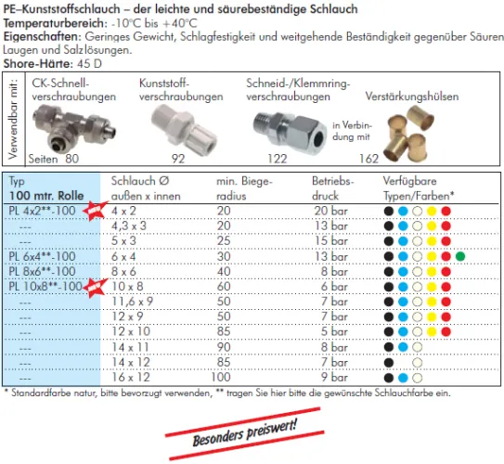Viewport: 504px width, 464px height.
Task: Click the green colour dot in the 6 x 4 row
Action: [x=460, y=256]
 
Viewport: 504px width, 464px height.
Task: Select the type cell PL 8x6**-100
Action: [x=42, y=272]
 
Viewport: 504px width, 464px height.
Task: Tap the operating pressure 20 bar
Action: [x=330, y=211]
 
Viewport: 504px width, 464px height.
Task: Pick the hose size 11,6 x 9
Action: [x=132, y=302]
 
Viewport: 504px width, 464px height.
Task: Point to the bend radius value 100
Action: [x=221, y=377]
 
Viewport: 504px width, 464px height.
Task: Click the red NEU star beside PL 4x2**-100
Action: [x=95, y=211]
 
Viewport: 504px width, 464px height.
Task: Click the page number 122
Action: [x=278, y=159]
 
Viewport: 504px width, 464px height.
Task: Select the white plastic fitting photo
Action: [x=183, y=128]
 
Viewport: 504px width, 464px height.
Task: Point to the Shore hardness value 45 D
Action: [x=89, y=64]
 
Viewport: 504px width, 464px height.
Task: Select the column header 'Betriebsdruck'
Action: [x=332, y=188]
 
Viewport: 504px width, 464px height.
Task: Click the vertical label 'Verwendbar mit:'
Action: [x=13, y=119]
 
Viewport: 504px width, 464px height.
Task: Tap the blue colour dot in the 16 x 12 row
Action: [x=403, y=378]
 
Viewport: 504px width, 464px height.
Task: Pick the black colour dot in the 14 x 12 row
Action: [x=389, y=363]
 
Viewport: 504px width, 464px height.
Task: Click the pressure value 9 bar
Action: [x=334, y=377]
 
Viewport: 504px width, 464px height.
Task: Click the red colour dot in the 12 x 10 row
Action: [x=446, y=331]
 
